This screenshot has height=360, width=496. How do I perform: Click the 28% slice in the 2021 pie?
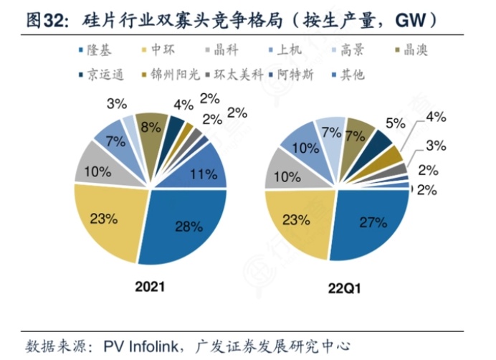tap(188, 227)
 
